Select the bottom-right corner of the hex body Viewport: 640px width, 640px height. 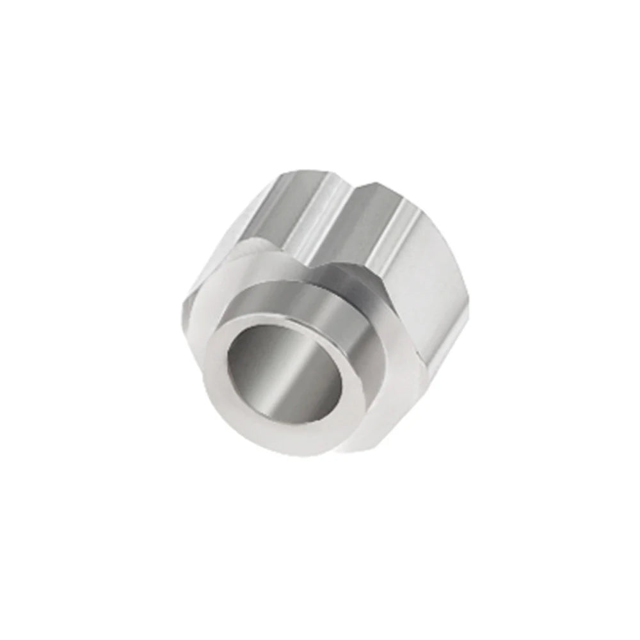(384, 442)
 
